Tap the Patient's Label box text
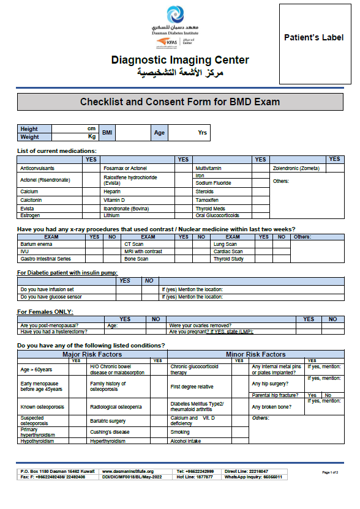coord(313,38)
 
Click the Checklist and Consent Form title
coord(180,102)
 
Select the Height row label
coord(29,129)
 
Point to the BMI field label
coord(107,132)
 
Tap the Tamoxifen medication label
coord(207,200)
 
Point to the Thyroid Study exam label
coord(228,259)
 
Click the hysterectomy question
coord(54,332)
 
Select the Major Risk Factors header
coord(92,354)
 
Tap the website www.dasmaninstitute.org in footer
coord(127,472)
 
